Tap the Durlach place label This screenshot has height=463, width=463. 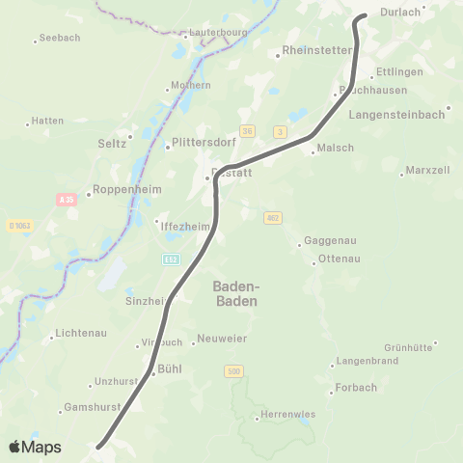(402, 13)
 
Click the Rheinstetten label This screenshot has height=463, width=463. (317, 49)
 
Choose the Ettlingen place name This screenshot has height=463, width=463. (399, 72)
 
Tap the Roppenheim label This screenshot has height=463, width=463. (123, 191)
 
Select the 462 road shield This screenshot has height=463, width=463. (274, 218)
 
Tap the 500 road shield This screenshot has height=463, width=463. (234, 370)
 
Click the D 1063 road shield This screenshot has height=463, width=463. (19, 226)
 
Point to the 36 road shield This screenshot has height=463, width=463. (248, 131)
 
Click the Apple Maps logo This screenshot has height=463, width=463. (35, 447)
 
